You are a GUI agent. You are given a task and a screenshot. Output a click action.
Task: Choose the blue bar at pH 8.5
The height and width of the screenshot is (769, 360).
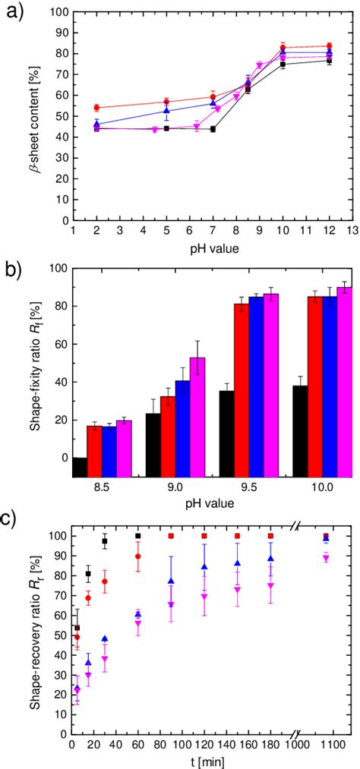click(109, 452)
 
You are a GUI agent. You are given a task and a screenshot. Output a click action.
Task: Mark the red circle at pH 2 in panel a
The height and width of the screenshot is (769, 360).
click(96, 108)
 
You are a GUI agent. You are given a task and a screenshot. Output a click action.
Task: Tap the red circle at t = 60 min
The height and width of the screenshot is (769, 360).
click(137, 556)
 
